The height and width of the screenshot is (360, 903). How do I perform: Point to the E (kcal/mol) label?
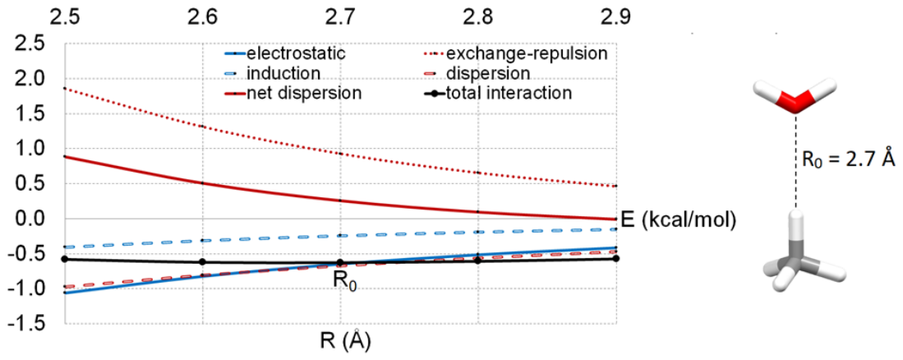click(678, 220)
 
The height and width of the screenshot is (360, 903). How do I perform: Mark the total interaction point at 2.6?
click(202, 262)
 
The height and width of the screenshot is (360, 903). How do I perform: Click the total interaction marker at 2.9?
click(616, 258)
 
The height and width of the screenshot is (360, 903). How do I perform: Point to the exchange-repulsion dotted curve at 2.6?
click(202, 126)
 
